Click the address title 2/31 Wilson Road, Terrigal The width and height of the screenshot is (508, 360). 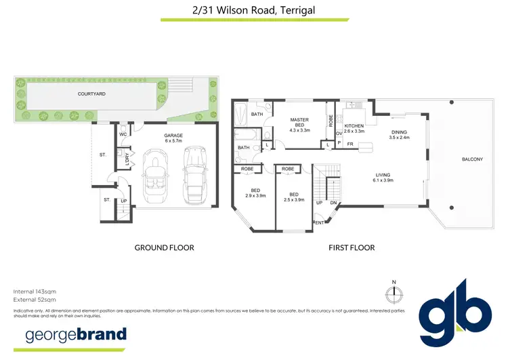click(254, 10)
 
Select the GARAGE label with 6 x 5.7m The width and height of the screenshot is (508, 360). click(173, 139)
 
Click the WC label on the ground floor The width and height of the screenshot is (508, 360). click(123, 135)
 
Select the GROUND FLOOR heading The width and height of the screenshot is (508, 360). click(165, 248)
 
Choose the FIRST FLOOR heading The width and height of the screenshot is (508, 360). click(352, 248)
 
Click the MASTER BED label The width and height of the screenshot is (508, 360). click(299, 125)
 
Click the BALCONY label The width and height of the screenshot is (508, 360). click(472, 159)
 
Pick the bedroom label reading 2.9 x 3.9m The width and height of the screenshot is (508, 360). click(256, 193)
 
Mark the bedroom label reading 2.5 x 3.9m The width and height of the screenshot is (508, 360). click(293, 193)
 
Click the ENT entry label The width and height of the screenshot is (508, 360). click(318, 222)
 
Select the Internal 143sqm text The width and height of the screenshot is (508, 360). click(35, 291)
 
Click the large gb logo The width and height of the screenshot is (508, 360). click(454, 313)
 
